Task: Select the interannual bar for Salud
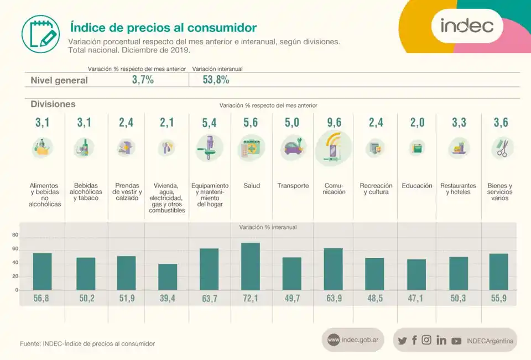[x=251, y=267]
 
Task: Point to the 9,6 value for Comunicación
[x=334, y=123]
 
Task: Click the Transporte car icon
[x=292, y=148]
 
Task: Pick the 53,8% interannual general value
[x=216, y=80]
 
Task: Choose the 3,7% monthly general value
[x=143, y=80]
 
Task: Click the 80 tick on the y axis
[x=15, y=235]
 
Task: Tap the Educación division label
[x=417, y=186]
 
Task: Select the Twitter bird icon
[x=402, y=341]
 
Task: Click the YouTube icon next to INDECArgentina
[x=456, y=341]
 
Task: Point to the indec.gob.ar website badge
[x=353, y=340]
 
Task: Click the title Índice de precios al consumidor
[x=163, y=27]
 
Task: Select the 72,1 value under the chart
[x=251, y=299]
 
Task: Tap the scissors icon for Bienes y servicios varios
[x=502, y=148]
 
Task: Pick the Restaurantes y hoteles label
[x=458, y=189]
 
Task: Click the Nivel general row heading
[x=59, y=80]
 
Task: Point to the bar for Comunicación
[x=334, y=269]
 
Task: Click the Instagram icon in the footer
[x=426, y=341]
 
